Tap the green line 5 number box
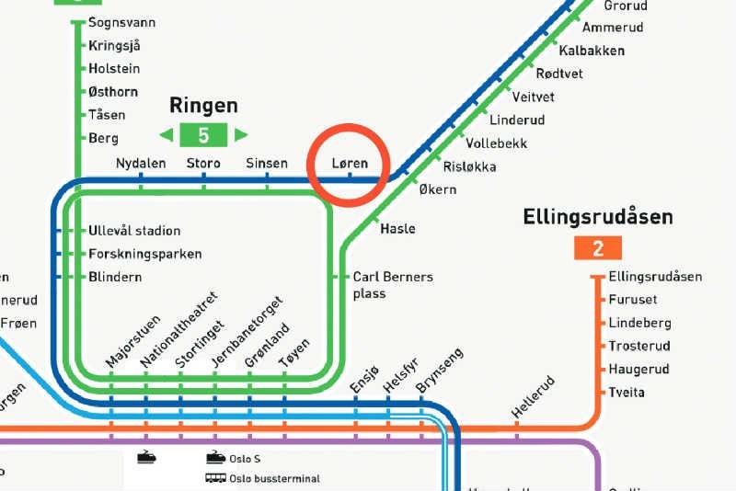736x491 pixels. (204, 136)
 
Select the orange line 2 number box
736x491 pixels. (598, 248)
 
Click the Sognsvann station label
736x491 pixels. (121, 22)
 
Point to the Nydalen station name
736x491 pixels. (141, 164)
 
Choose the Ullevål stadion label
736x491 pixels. (134, 231)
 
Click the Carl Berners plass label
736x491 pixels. (393, 285)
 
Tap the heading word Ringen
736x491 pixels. (203, 106)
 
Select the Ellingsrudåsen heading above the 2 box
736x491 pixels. (598, 218)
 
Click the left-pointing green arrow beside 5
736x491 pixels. (167, 136)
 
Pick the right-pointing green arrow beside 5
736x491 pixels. (241, 136)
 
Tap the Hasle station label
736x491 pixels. (397, 229)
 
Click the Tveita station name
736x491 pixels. (627, 393)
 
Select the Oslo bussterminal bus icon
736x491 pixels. (215, 478)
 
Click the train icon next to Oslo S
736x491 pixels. (215, 457)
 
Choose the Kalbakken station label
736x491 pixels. (591, 51)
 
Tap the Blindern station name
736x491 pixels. (115, 277)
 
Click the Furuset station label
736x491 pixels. (633, 300)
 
